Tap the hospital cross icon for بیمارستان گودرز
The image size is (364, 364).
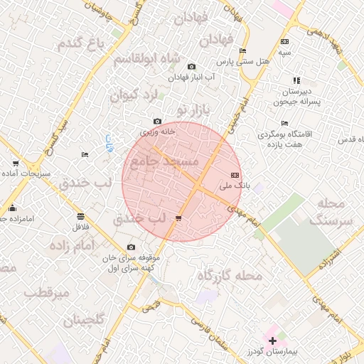(x=272, y=341)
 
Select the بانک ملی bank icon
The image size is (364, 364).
(x=235, y=175)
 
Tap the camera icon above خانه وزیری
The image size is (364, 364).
(x=157, y=122)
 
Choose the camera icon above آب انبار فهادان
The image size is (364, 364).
(x=191, y=67)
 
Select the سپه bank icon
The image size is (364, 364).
(x=285, y=42)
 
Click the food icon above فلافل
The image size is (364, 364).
(x=80, y=216)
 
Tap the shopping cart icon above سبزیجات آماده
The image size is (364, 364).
(x=16, y=164)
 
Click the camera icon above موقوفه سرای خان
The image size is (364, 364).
(x=130, y=247)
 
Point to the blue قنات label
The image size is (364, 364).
(x=109, y=141)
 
